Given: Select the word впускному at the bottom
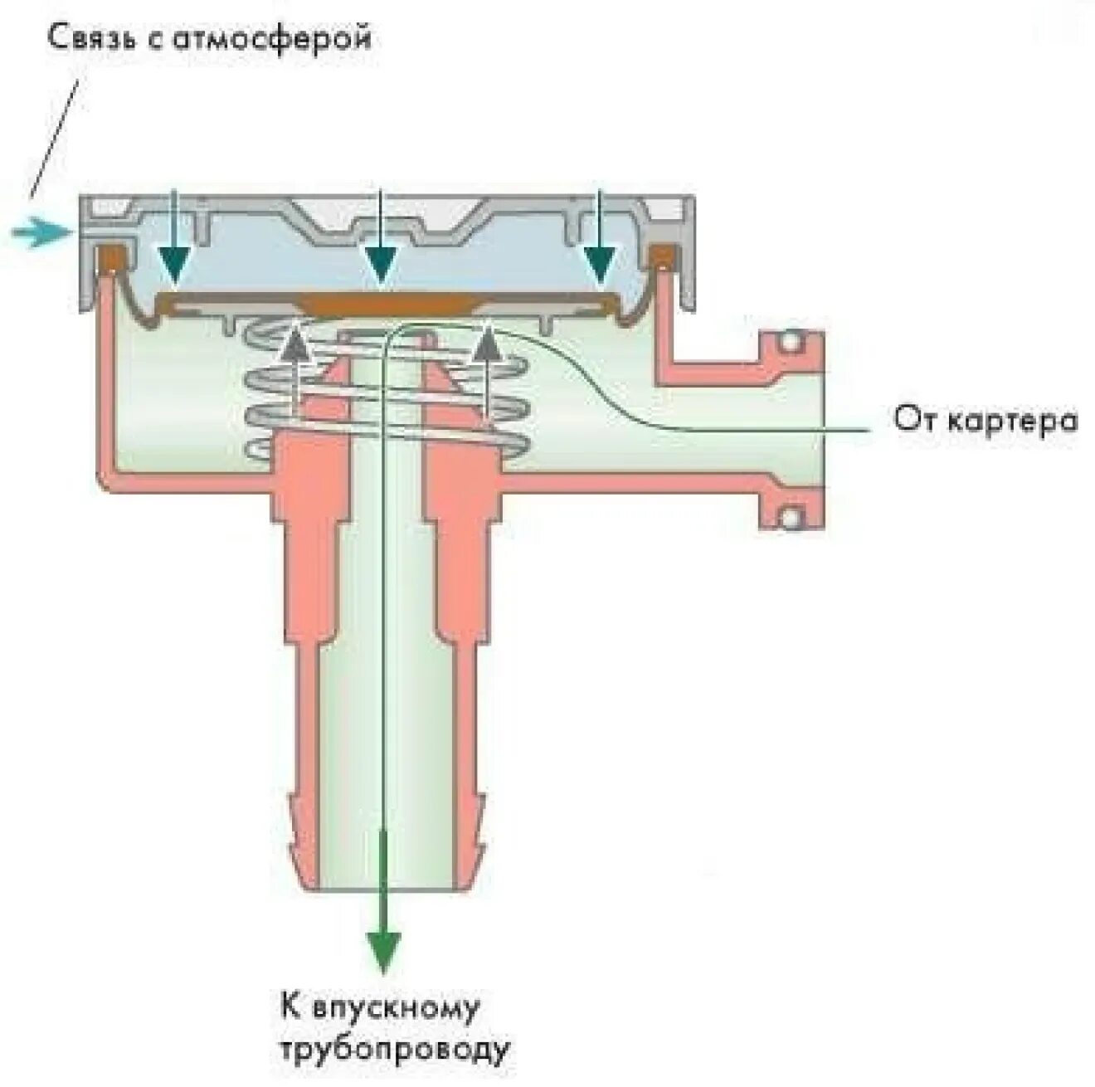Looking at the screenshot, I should point(397,1009).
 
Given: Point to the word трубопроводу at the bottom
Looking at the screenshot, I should point(394,1050).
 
